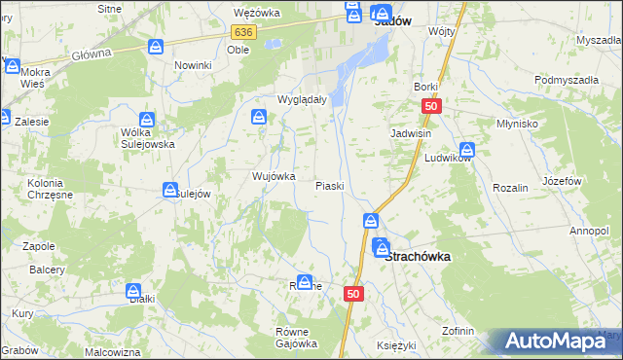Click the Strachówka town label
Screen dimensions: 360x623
(x=419, y=257)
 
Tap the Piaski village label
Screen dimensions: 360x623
(x=330, y=186)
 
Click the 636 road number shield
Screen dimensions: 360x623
(x=243, y=32)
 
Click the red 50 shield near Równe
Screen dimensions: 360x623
(x=353, y=294)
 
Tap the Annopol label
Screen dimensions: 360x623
(x=589, y=231)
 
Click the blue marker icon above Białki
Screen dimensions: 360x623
(x=134, y=290)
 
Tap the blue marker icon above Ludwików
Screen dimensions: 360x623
(x=467, y=150)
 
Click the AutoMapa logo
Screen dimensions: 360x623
(x=563, y=342)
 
